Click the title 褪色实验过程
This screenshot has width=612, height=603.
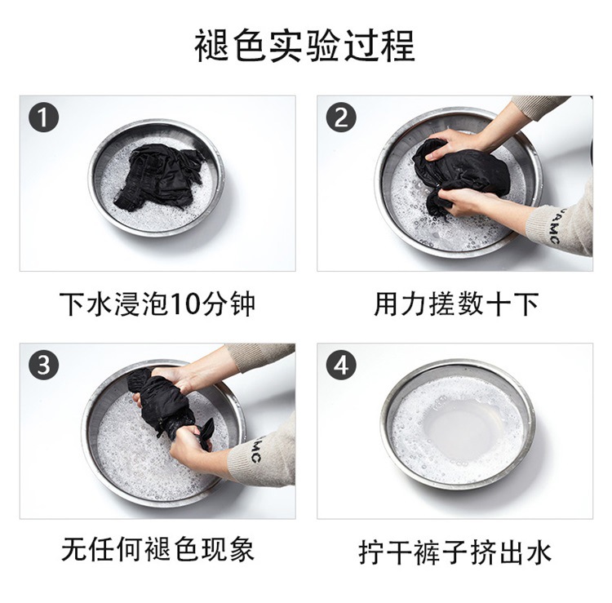coord(305,46)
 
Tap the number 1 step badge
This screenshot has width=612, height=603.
coord(44,117)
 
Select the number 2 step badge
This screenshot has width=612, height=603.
coord(341,117)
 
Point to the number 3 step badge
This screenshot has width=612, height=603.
coord(44,366)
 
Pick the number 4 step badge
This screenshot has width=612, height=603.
coord(341,366)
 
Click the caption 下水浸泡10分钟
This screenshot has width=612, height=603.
coord(157,304)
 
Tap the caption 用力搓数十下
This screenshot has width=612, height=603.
coord(456,304)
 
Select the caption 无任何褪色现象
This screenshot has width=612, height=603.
coord(157,549)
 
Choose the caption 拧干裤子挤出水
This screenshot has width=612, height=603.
coord(455,552)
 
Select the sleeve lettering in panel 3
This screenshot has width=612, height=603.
coord(255,449)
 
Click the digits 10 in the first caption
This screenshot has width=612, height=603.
coord(183,304)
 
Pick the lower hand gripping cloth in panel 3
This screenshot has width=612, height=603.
coord(190,446)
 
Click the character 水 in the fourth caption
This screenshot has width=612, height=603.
coord(539,552)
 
